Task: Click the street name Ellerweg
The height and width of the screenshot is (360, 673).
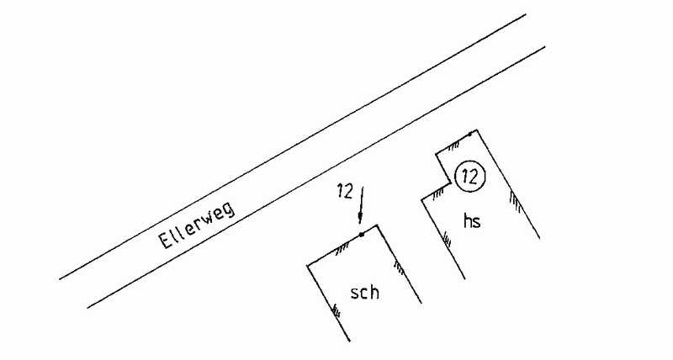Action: tap(197, 225)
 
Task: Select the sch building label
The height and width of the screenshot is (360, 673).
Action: tap(364, 293)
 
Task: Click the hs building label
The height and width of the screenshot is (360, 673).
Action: tap(472, 220)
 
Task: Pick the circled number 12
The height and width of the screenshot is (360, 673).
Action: tap(470, 177)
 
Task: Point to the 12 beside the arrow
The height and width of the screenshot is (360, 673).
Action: tap(345, 191)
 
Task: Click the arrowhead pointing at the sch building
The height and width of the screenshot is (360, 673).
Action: tap(361, 218)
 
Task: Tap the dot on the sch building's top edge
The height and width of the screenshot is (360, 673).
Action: tap(362, 235)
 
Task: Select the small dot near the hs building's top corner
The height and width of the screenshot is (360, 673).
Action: tap(470, 135)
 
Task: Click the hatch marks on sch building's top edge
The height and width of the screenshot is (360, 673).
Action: tap(342, 247)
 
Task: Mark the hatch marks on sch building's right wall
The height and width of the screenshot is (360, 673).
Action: tap(399, 267)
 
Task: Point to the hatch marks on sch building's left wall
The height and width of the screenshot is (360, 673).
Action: tap(336, 310)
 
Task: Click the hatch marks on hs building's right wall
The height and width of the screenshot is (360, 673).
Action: tap(515, 201)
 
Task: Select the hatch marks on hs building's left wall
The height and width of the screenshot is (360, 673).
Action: tap(447, 239)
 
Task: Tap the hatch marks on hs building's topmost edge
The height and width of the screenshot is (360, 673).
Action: tap(453, 146)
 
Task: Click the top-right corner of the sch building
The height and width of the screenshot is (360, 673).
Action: tap(377, 225)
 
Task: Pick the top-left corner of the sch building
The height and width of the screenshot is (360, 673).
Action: tap(307, 266)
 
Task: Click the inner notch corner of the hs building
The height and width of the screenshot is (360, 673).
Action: tap(451, 183)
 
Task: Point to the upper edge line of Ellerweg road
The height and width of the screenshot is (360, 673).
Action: tap(293, 146)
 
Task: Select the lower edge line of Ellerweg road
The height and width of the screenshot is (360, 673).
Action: tap(316, 177)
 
